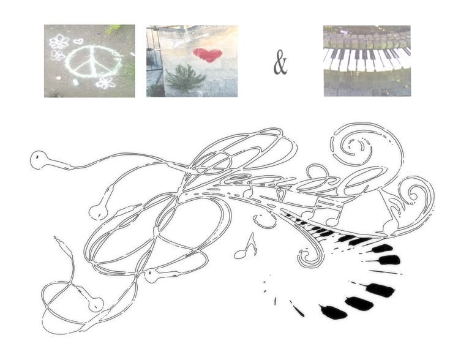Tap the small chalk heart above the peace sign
point(78,41)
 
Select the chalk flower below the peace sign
point(105,83)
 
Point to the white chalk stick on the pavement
point(75,82)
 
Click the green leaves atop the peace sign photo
point(113,28)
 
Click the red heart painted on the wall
point(208,55)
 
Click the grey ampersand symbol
point(280,62)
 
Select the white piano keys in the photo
point(367,60)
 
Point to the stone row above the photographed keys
point(367,41)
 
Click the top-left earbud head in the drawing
point(39,160)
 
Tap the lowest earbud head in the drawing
point(96,304)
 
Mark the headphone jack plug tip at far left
point(55,238)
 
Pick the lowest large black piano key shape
point(334,312)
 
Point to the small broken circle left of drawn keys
point(263,220)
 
